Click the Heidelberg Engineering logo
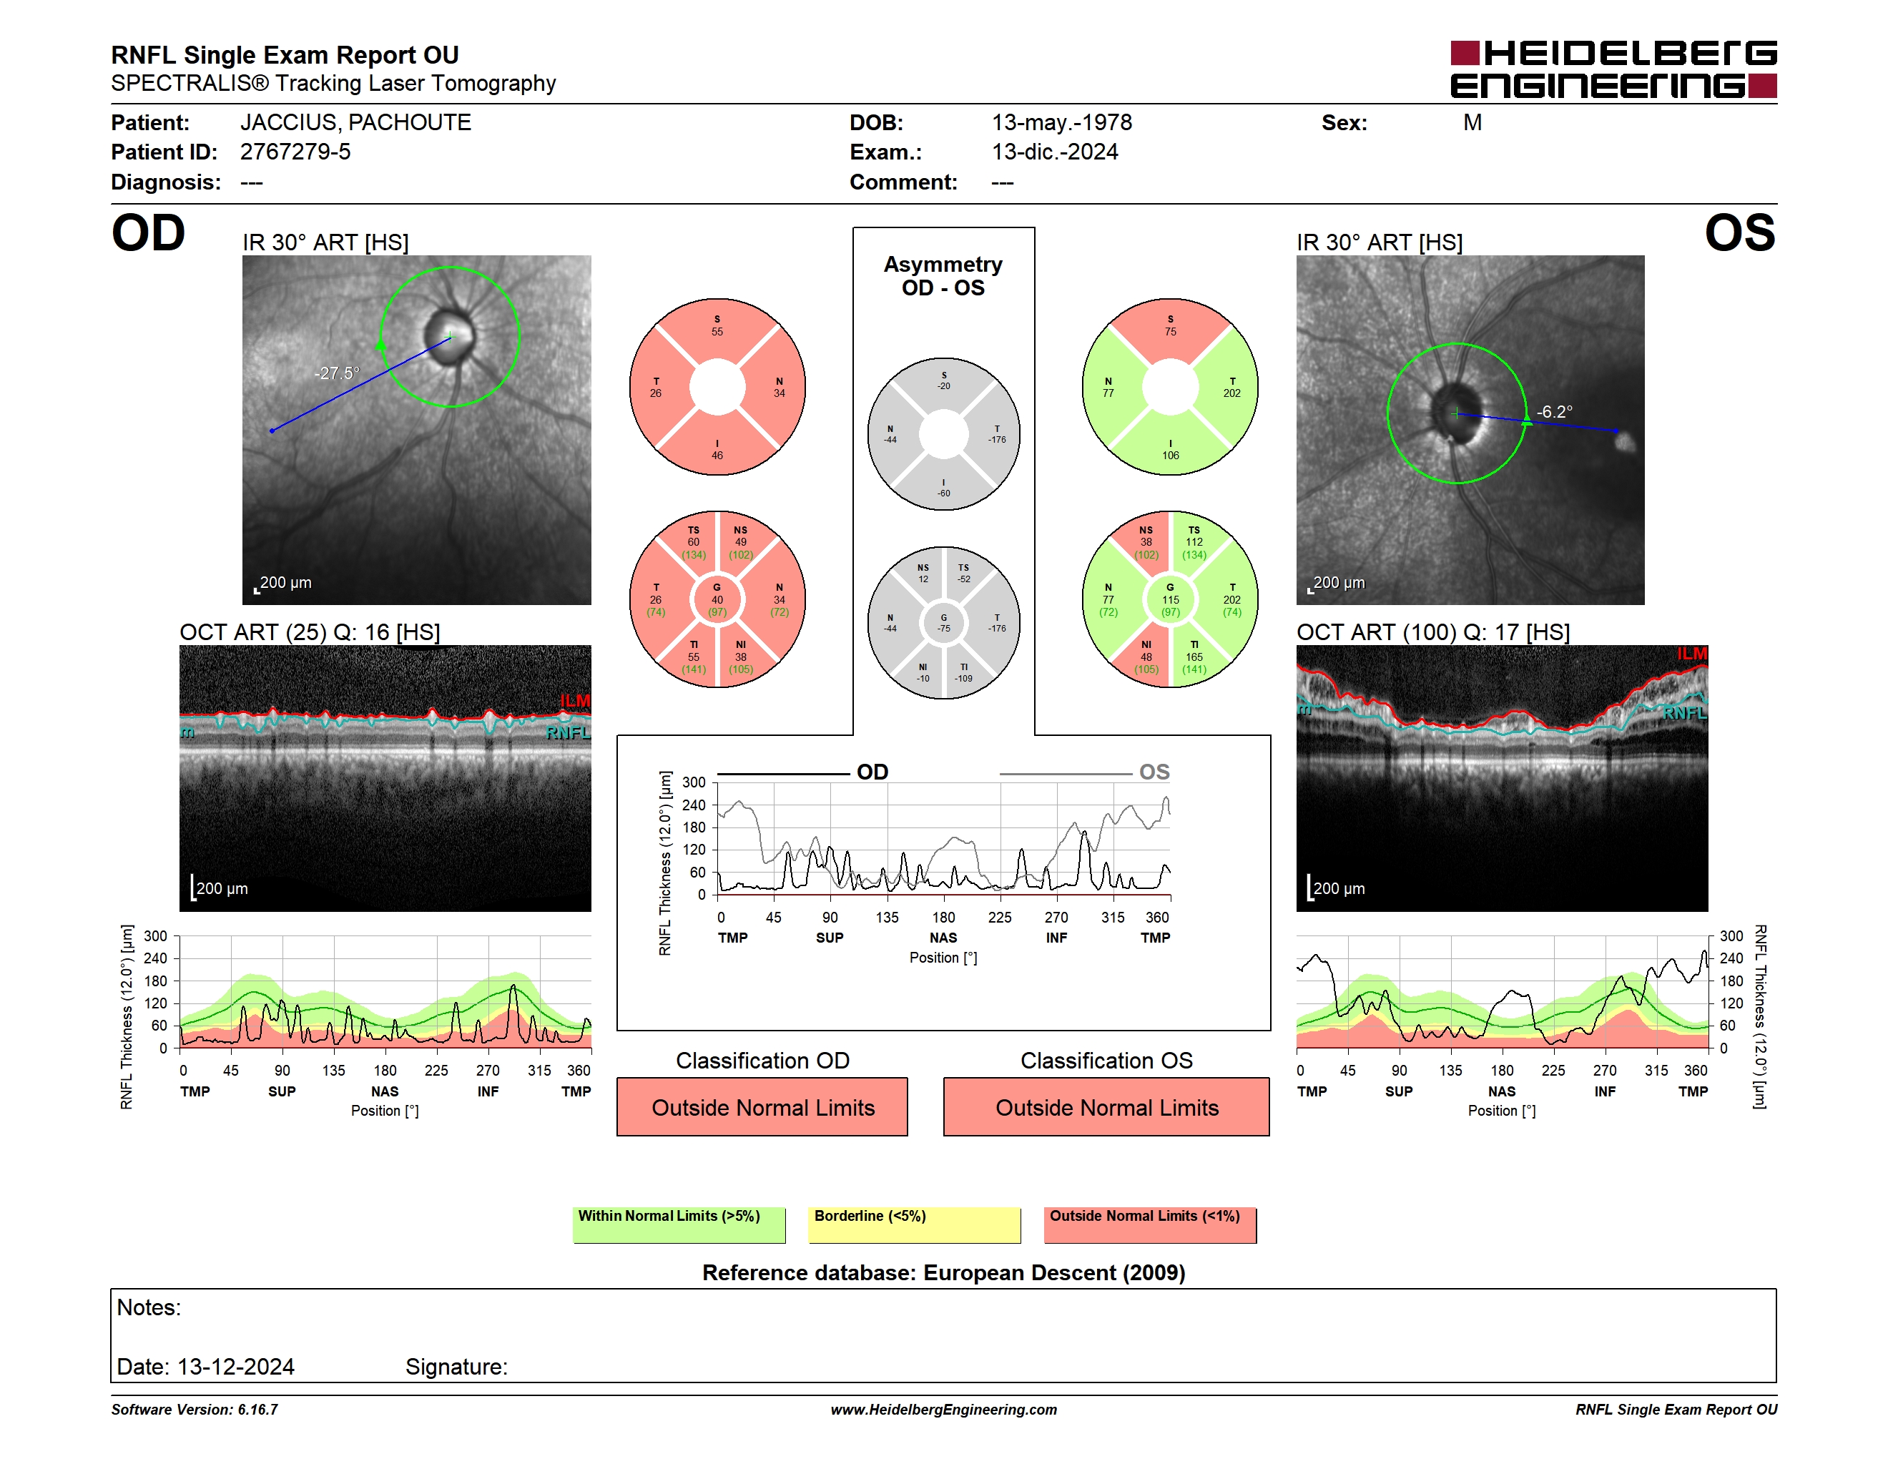pyautogui.click(x=1613, y=69)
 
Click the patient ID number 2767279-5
pyautogui.click(x=295, y=152)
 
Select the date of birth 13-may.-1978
pyautogui.click(x=1061, y=123)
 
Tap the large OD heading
pyautogui.click(x=149, y=233)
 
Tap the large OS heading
pyautogui.click(x=1739, y=233)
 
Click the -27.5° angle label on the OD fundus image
pyautogui.click(x=336, y=373)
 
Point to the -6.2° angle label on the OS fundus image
pyautogui.click(x=1553, y=412)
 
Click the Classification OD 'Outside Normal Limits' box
pyautogui.click(x=762, y=1106)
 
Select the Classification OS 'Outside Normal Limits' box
pyautogui.click(x=1106, y=1106)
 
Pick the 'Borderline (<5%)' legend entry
pyautogui.click(x=915, y=1224)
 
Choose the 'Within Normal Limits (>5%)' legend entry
pyautogui.click(x=679, y=1224)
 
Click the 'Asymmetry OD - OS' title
pyautogui.click(x=943, y=276)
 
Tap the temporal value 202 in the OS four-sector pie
pyautogui.click(x=1232, y=393)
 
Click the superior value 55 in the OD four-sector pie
pyautogui.click(x=717, y=332)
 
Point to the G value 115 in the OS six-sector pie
pyautogui.click(x=1171, y=600)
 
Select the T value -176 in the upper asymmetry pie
pyautogui.click(x=998, y=440)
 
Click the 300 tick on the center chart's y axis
pyautogui.click(x=694, y=782)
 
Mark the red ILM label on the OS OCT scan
pyautogui.click(x=1692, y=654)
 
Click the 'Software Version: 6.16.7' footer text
pyautogui.click(x=195, y=1410)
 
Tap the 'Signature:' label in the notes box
pyautogui.click(x=456, y=1367)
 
